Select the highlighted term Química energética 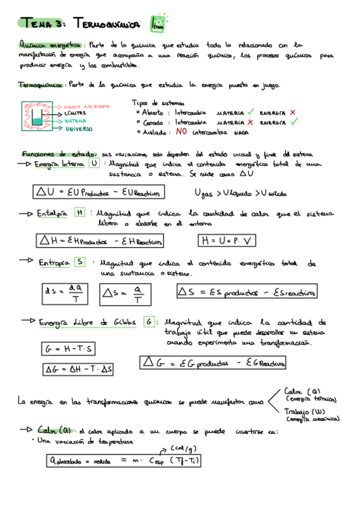(51, 45)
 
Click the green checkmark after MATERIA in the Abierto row (250, 112)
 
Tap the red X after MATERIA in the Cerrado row (250, 121)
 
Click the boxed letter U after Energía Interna (94, 164)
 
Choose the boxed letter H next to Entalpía (80, 213)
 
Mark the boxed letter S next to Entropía (80, 262)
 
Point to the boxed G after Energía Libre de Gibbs (148, 322)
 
